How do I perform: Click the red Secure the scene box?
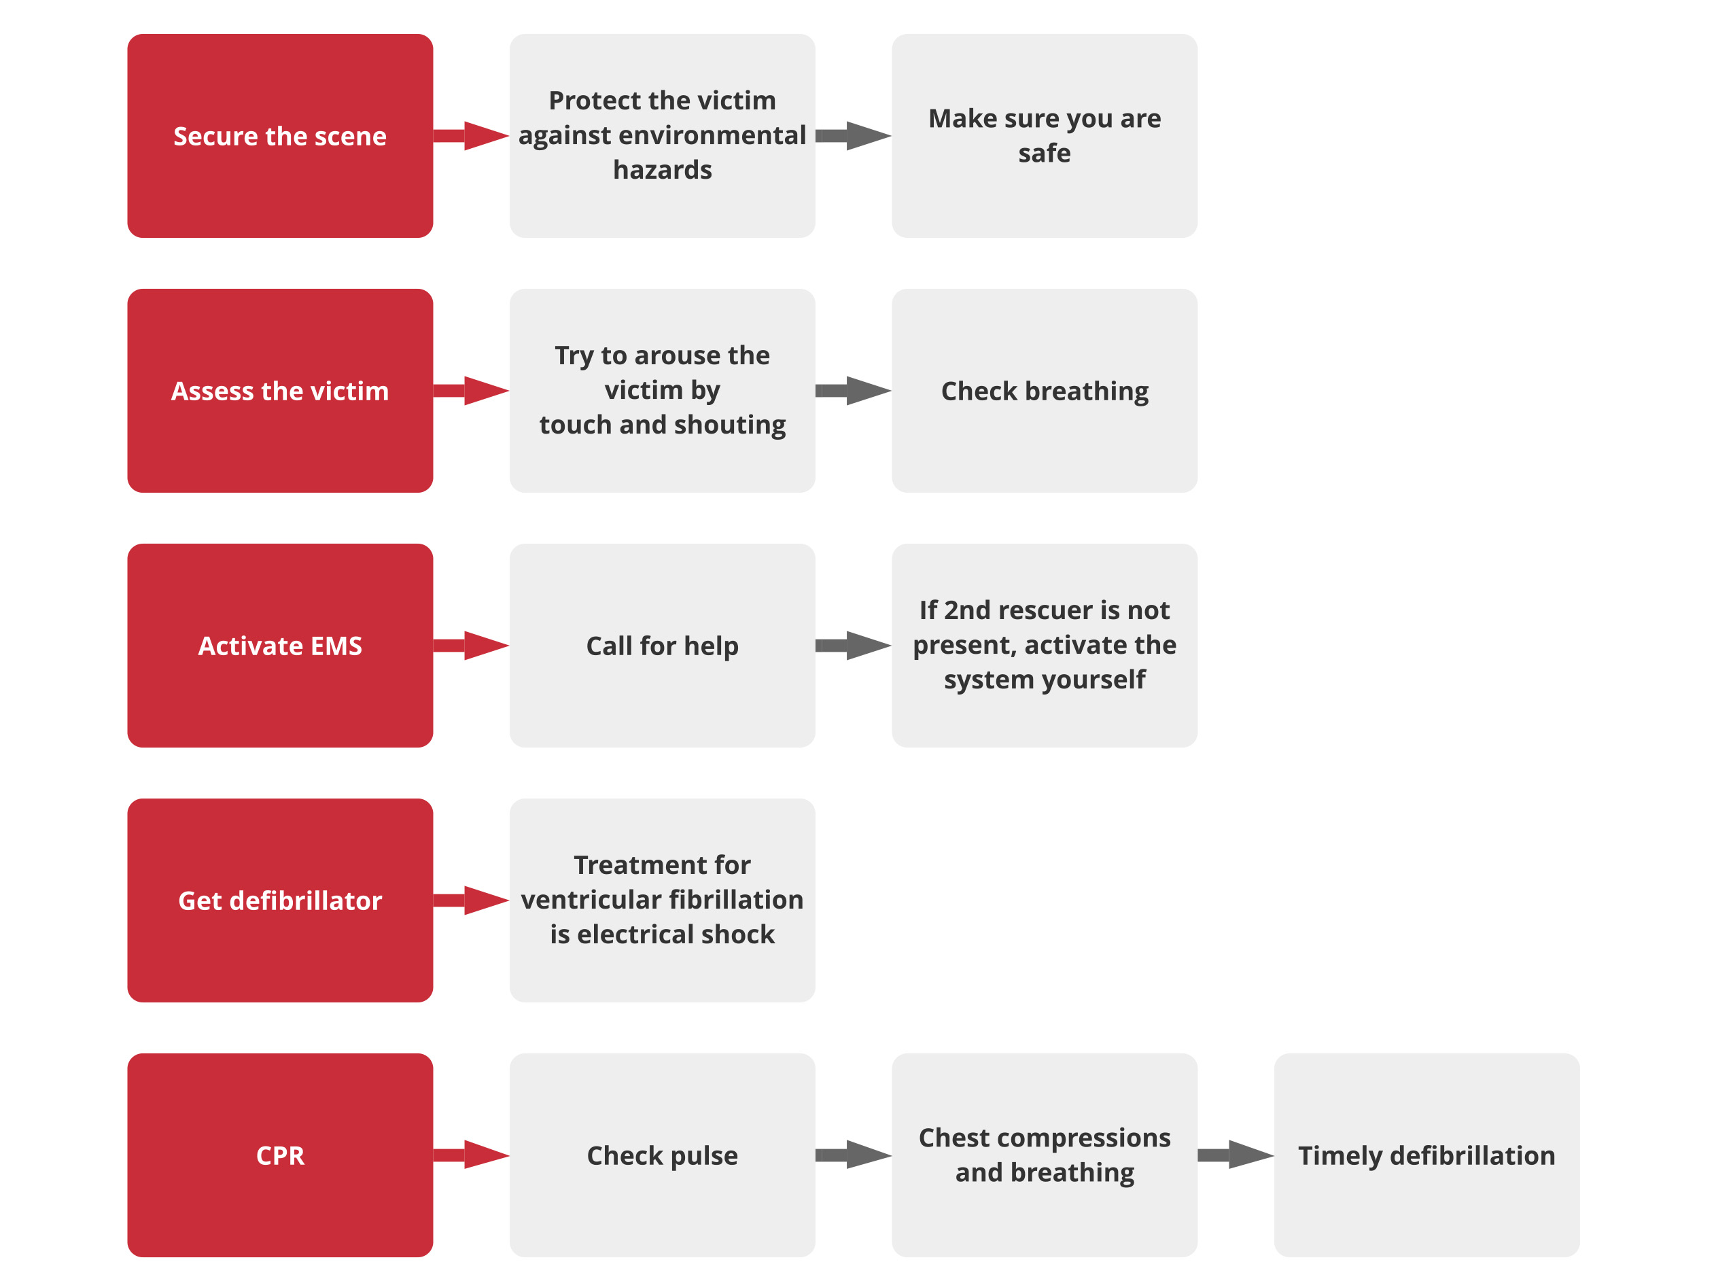point(279,137)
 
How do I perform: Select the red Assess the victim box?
point(279,391)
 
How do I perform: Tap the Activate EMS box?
point(279,646)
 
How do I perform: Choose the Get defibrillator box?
point(279,900)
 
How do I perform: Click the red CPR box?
point(279,1155)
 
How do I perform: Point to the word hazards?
point(663,169)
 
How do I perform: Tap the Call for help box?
point(662,646)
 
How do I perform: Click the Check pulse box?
point(662,1155)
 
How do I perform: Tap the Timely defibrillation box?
point(1426,1155)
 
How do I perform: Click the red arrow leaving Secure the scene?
point(470,137)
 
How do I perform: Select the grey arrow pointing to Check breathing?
point(853,391)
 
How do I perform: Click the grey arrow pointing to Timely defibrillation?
point(1236,1155)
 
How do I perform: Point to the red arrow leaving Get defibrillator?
point(470,900)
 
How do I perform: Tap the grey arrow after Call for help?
point(853,646)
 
